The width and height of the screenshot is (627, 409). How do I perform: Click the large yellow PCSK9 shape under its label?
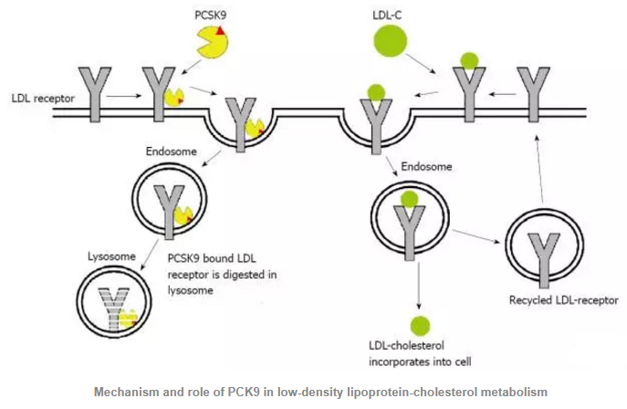click(211, 42)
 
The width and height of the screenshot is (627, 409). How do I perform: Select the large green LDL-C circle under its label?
click(391, 42)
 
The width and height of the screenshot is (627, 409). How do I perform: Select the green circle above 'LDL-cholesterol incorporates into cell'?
click(421, 324)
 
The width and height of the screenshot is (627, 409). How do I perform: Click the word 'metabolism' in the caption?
click(506, 392)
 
